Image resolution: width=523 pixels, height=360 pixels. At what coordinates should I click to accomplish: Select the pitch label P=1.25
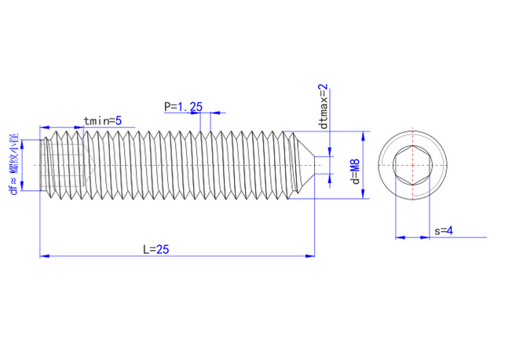coord(184,106)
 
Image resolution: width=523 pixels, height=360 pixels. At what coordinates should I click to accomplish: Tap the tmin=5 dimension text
coord(102,120)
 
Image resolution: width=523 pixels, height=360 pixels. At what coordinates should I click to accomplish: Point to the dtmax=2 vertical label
coord(322,106)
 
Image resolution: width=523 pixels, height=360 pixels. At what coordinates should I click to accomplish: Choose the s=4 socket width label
coord(444,230)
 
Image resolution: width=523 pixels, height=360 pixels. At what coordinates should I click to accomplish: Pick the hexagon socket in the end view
coord(411,165)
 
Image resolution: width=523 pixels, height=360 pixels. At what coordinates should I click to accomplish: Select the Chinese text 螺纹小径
coord(13,157)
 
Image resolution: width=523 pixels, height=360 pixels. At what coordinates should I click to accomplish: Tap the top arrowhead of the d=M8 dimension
coord(364,134)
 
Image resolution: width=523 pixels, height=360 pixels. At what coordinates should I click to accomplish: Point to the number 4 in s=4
coord(451,230)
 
